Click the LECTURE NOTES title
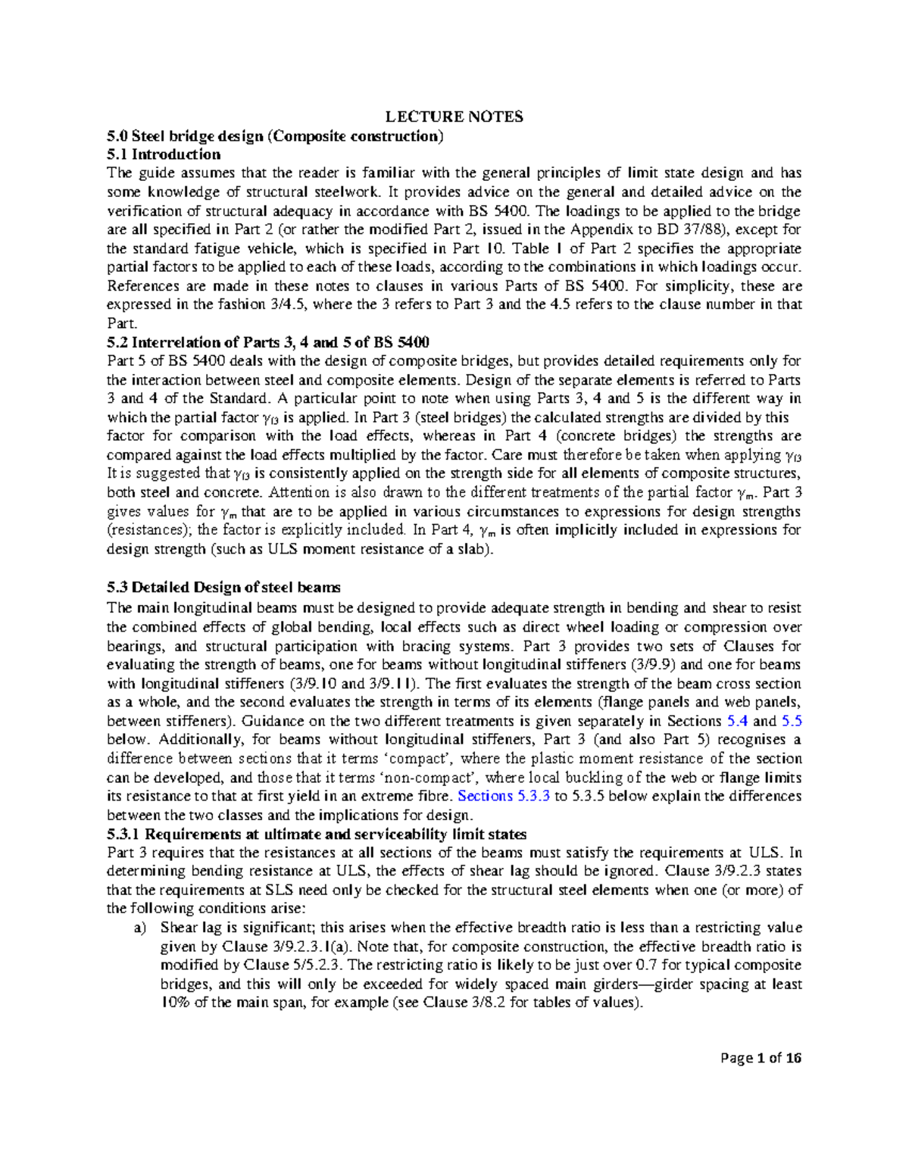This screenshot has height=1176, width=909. pos(454,117)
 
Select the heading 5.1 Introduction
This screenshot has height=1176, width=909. pos(164,154)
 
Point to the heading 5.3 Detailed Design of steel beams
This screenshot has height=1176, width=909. pos(223,587)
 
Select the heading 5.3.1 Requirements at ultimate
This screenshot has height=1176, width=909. pos(317,834)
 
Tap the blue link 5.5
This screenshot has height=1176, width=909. pos(791,721)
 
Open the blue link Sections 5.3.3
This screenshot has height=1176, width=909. pos(504,796)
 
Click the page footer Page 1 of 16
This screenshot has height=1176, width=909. pos(761,1058)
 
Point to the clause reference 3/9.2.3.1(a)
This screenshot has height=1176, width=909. pos(298,947)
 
